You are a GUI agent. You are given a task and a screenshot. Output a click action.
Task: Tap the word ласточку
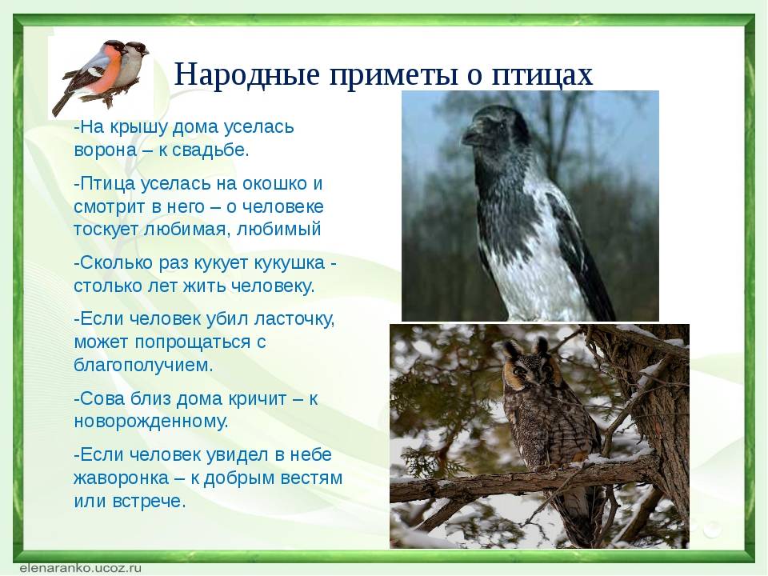tap(294, 320)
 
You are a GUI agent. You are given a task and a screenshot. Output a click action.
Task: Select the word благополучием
tap(143, 365)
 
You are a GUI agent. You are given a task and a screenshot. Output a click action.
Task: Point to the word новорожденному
tap(151, 422)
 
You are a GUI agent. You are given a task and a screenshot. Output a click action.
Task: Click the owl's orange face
tap(526, 372)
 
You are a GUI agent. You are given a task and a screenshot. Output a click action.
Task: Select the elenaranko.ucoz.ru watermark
tap(78, 567)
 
